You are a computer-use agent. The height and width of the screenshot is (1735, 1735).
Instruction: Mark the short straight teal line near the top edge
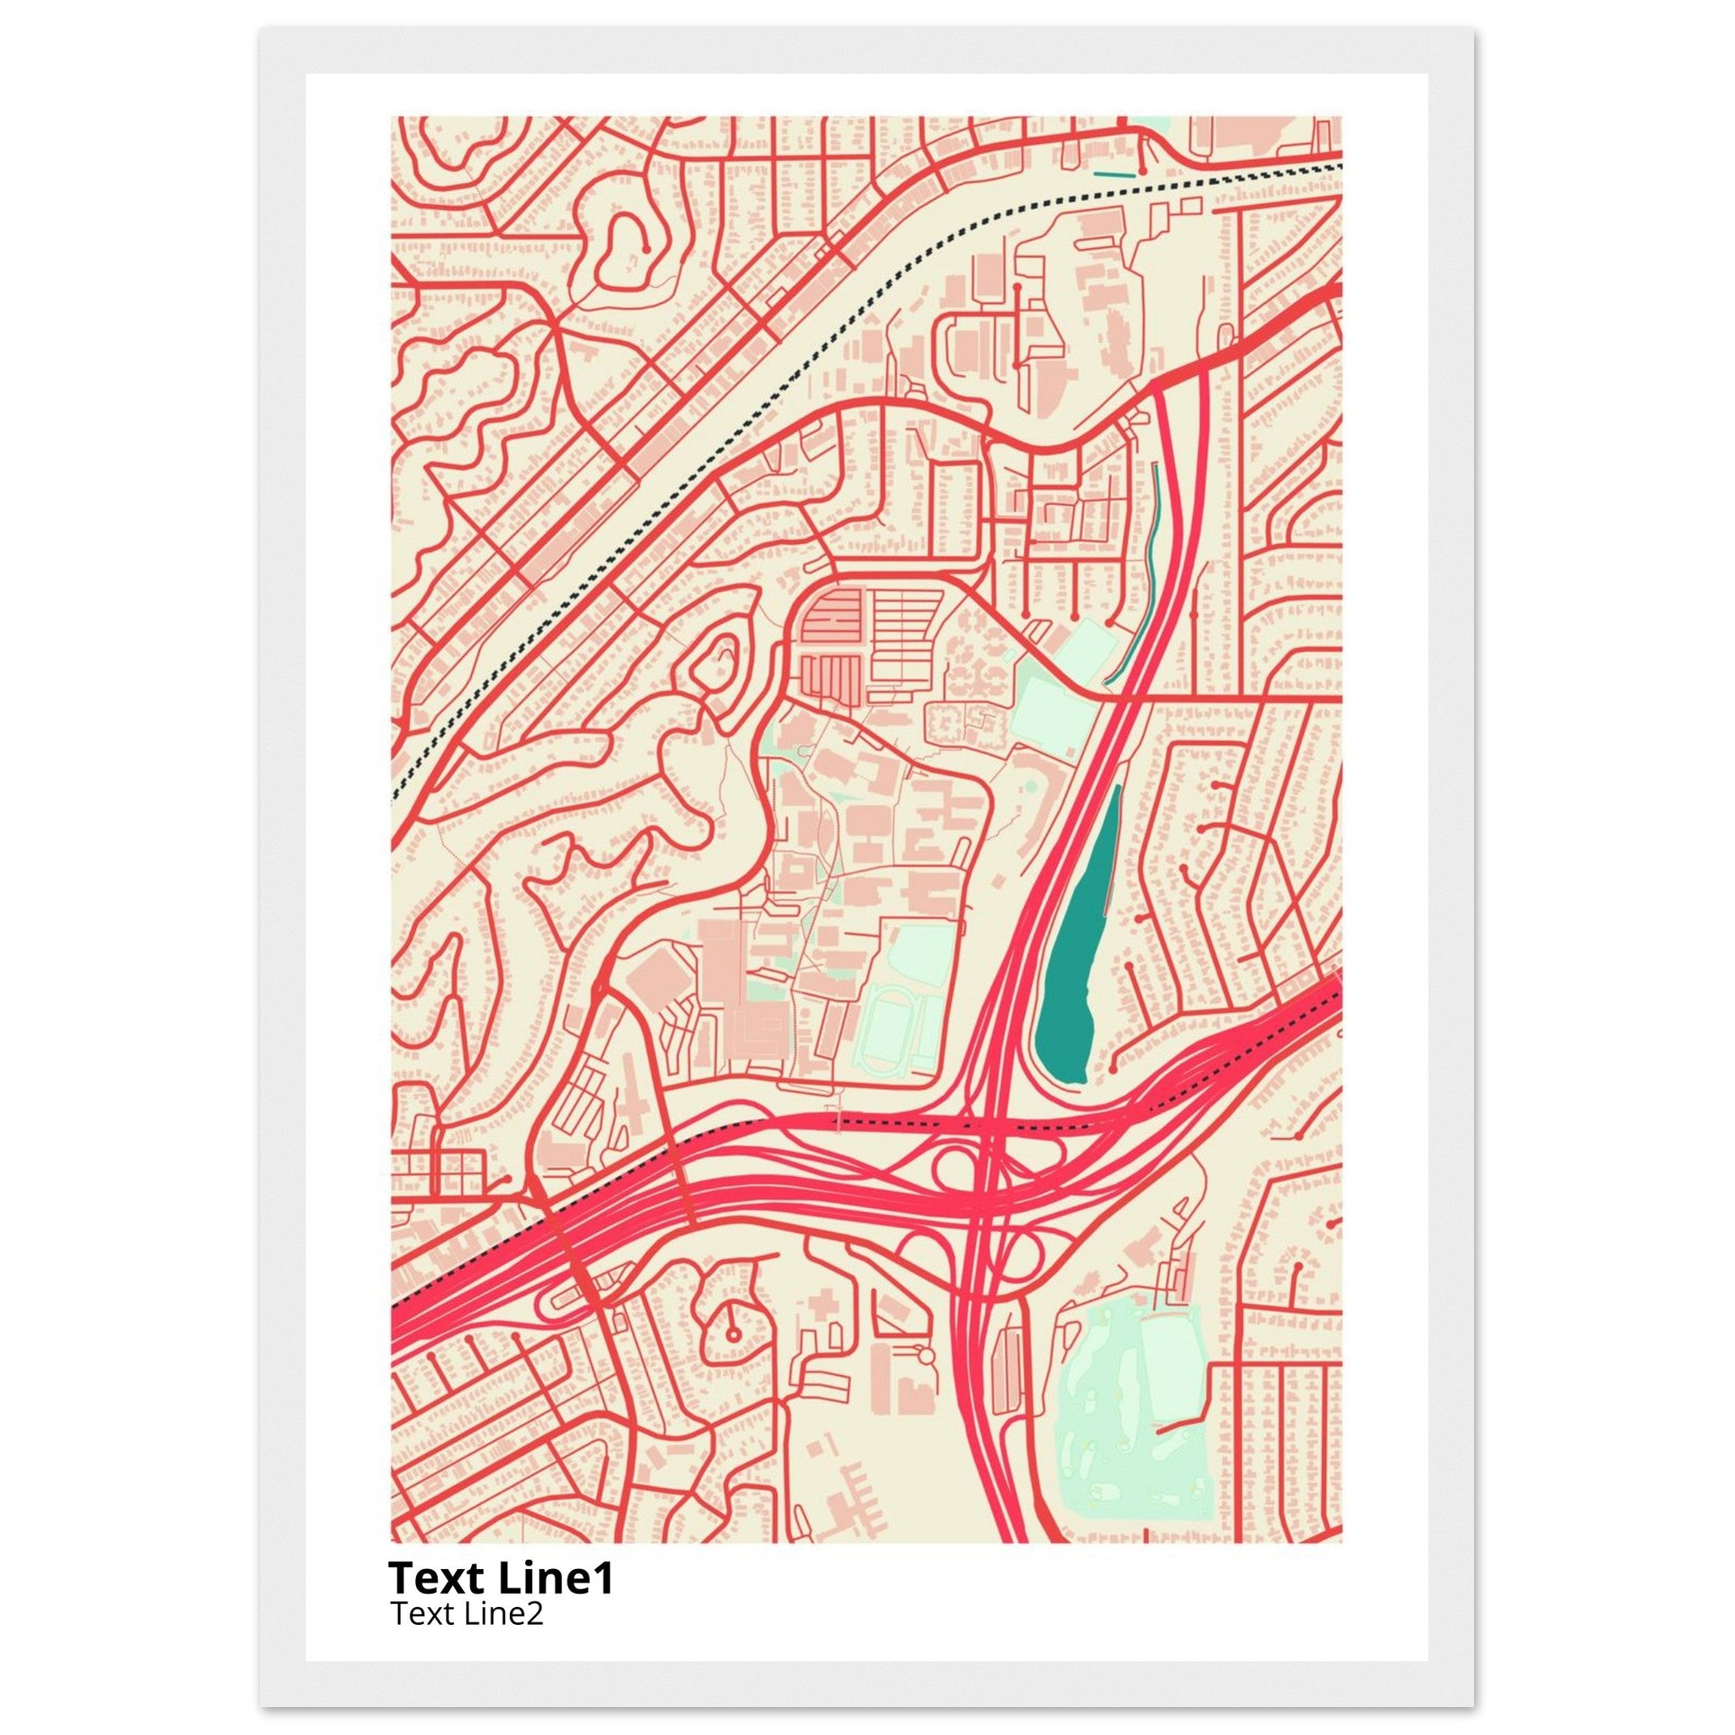click(1112, 171)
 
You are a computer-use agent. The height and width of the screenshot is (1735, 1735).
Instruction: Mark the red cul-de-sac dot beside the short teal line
click(1142, 169)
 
